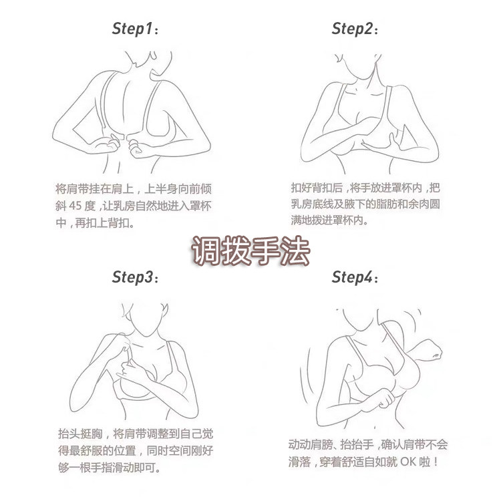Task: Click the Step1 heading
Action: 135,29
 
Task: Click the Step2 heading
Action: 355,29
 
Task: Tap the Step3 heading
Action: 135,277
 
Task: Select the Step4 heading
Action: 355,277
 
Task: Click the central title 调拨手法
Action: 251,251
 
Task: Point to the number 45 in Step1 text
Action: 75,206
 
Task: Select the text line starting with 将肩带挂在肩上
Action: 133,189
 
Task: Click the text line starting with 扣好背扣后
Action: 365,188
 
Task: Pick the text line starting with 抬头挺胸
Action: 136,434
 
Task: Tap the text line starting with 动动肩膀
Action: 368,444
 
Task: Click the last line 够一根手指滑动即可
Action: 110,468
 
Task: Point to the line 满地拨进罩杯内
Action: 330,220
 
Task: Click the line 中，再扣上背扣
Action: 95,222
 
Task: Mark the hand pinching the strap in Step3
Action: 123,345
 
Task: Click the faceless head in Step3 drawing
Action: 146,317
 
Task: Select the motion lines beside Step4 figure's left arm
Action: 306,377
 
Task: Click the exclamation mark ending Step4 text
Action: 436,462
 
